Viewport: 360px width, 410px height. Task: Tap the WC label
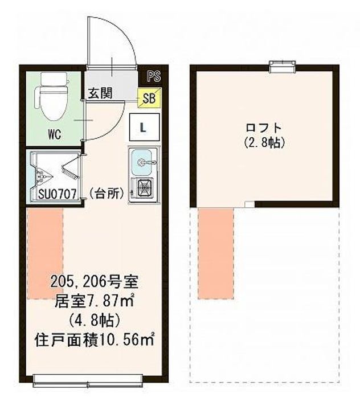tap(55, 134)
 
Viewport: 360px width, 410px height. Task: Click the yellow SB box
tap(149, 97)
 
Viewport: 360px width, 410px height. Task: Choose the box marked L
tap(144, 127)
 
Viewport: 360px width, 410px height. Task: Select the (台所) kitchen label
tap(107, 193)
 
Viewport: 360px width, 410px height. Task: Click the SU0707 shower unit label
tap(56, 194)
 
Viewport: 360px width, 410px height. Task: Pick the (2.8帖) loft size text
tap(264, 142)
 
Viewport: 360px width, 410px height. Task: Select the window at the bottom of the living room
tap(94, 378)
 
